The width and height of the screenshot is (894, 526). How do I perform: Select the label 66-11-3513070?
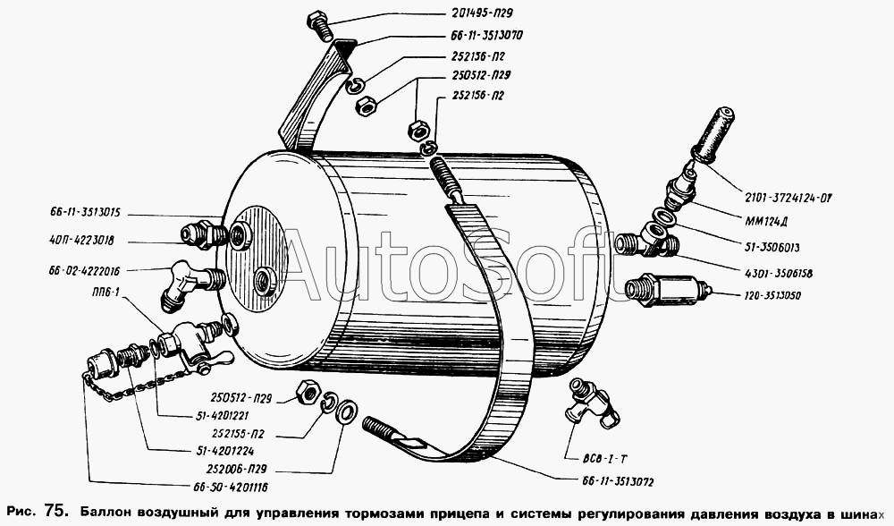486,36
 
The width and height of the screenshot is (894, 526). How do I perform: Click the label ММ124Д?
771,221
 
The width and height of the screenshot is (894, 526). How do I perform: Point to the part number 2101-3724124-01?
789,198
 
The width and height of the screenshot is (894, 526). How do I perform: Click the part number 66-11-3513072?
618,482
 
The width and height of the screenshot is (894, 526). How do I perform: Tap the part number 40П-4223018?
81,241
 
